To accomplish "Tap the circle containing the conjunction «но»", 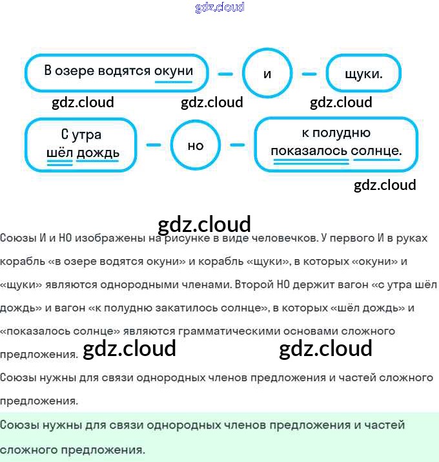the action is point(196,145).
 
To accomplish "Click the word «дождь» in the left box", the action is point(97,152).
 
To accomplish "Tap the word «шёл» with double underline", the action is point(59,152).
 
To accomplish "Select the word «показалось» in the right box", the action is point(309,151).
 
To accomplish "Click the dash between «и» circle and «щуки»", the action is point(309,74).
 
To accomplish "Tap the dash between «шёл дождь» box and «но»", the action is point(154,145).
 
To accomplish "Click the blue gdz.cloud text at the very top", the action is point(219,8).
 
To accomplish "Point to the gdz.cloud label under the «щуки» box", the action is point(341,103).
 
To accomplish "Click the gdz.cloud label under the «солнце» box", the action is point(385,185).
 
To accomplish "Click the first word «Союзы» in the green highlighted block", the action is point(18,425).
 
